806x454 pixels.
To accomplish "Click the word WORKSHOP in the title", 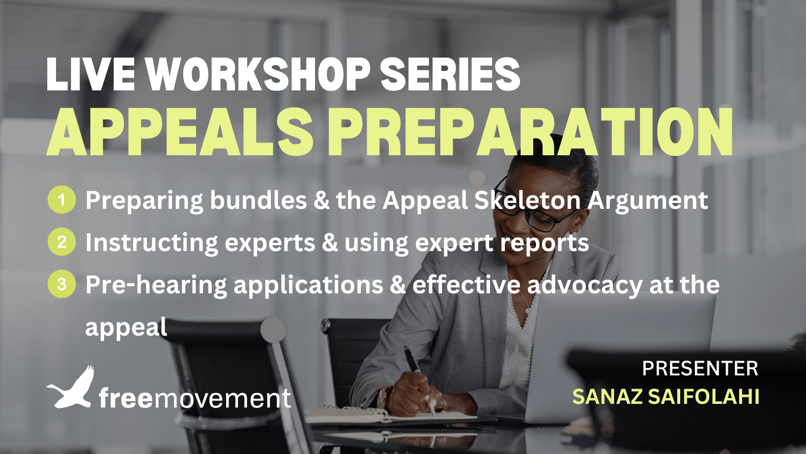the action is [258, 75].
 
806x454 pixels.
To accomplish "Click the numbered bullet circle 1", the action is [61, 199].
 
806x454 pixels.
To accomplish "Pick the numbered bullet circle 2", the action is [61, 242].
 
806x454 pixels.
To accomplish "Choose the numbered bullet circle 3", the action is [61, 284].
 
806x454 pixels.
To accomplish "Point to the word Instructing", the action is [151, 243].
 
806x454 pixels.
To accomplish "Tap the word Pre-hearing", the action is [156, 285].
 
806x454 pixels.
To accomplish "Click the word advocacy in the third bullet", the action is [585, 284].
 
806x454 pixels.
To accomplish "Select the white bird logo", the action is [71, 388].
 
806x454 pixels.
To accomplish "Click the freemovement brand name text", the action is [195, 398].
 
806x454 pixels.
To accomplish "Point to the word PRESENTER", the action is [700, 369].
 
